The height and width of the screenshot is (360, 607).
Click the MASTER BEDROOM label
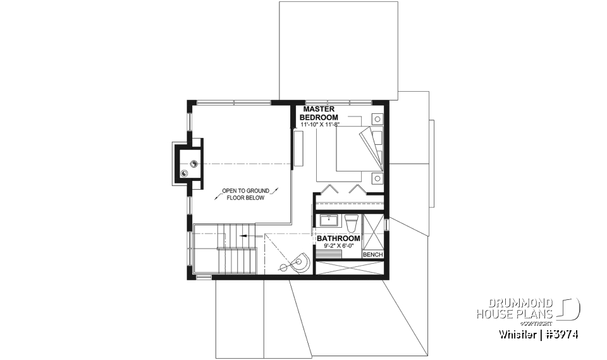coord(319,113)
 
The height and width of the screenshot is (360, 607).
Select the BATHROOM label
coord(338,238)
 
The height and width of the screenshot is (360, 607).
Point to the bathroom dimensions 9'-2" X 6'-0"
coord(338,245)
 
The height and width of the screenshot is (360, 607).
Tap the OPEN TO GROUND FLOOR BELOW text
coord(245,194)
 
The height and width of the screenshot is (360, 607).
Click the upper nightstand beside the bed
coord(377,118)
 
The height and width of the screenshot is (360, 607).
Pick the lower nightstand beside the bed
coord(377,178)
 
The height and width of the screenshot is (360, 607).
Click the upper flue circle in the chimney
coord(193,163)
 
